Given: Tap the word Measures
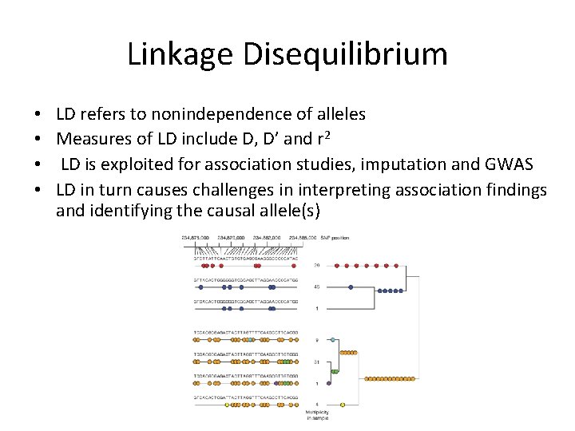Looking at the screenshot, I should click(94, 139).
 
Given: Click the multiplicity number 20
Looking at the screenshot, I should click(316, 265).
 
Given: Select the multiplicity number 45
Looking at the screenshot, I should click(316, 287).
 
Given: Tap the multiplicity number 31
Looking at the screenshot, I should click(316, 362).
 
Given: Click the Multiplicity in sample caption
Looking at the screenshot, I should click(316, 414).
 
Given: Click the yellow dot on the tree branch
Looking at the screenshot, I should click(342, 405).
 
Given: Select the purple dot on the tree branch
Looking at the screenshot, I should click(328, 383).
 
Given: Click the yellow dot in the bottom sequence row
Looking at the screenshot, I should click(227, 405).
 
